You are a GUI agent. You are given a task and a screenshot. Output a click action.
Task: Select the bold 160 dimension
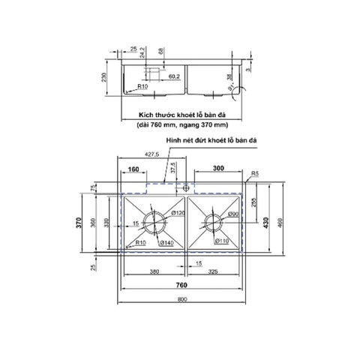tap(133, 169)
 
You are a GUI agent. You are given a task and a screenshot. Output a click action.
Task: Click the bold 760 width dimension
tap(182, 285)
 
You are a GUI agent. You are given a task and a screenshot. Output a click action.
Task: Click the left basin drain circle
tap(157, 222)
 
